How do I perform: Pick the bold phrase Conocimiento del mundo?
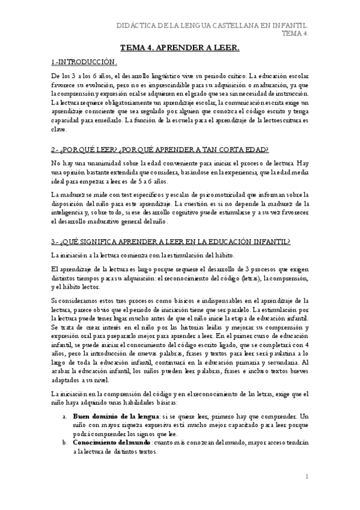click(112, 442)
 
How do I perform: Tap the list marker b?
click(65, 442)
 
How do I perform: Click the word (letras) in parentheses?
click(233, 278)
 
